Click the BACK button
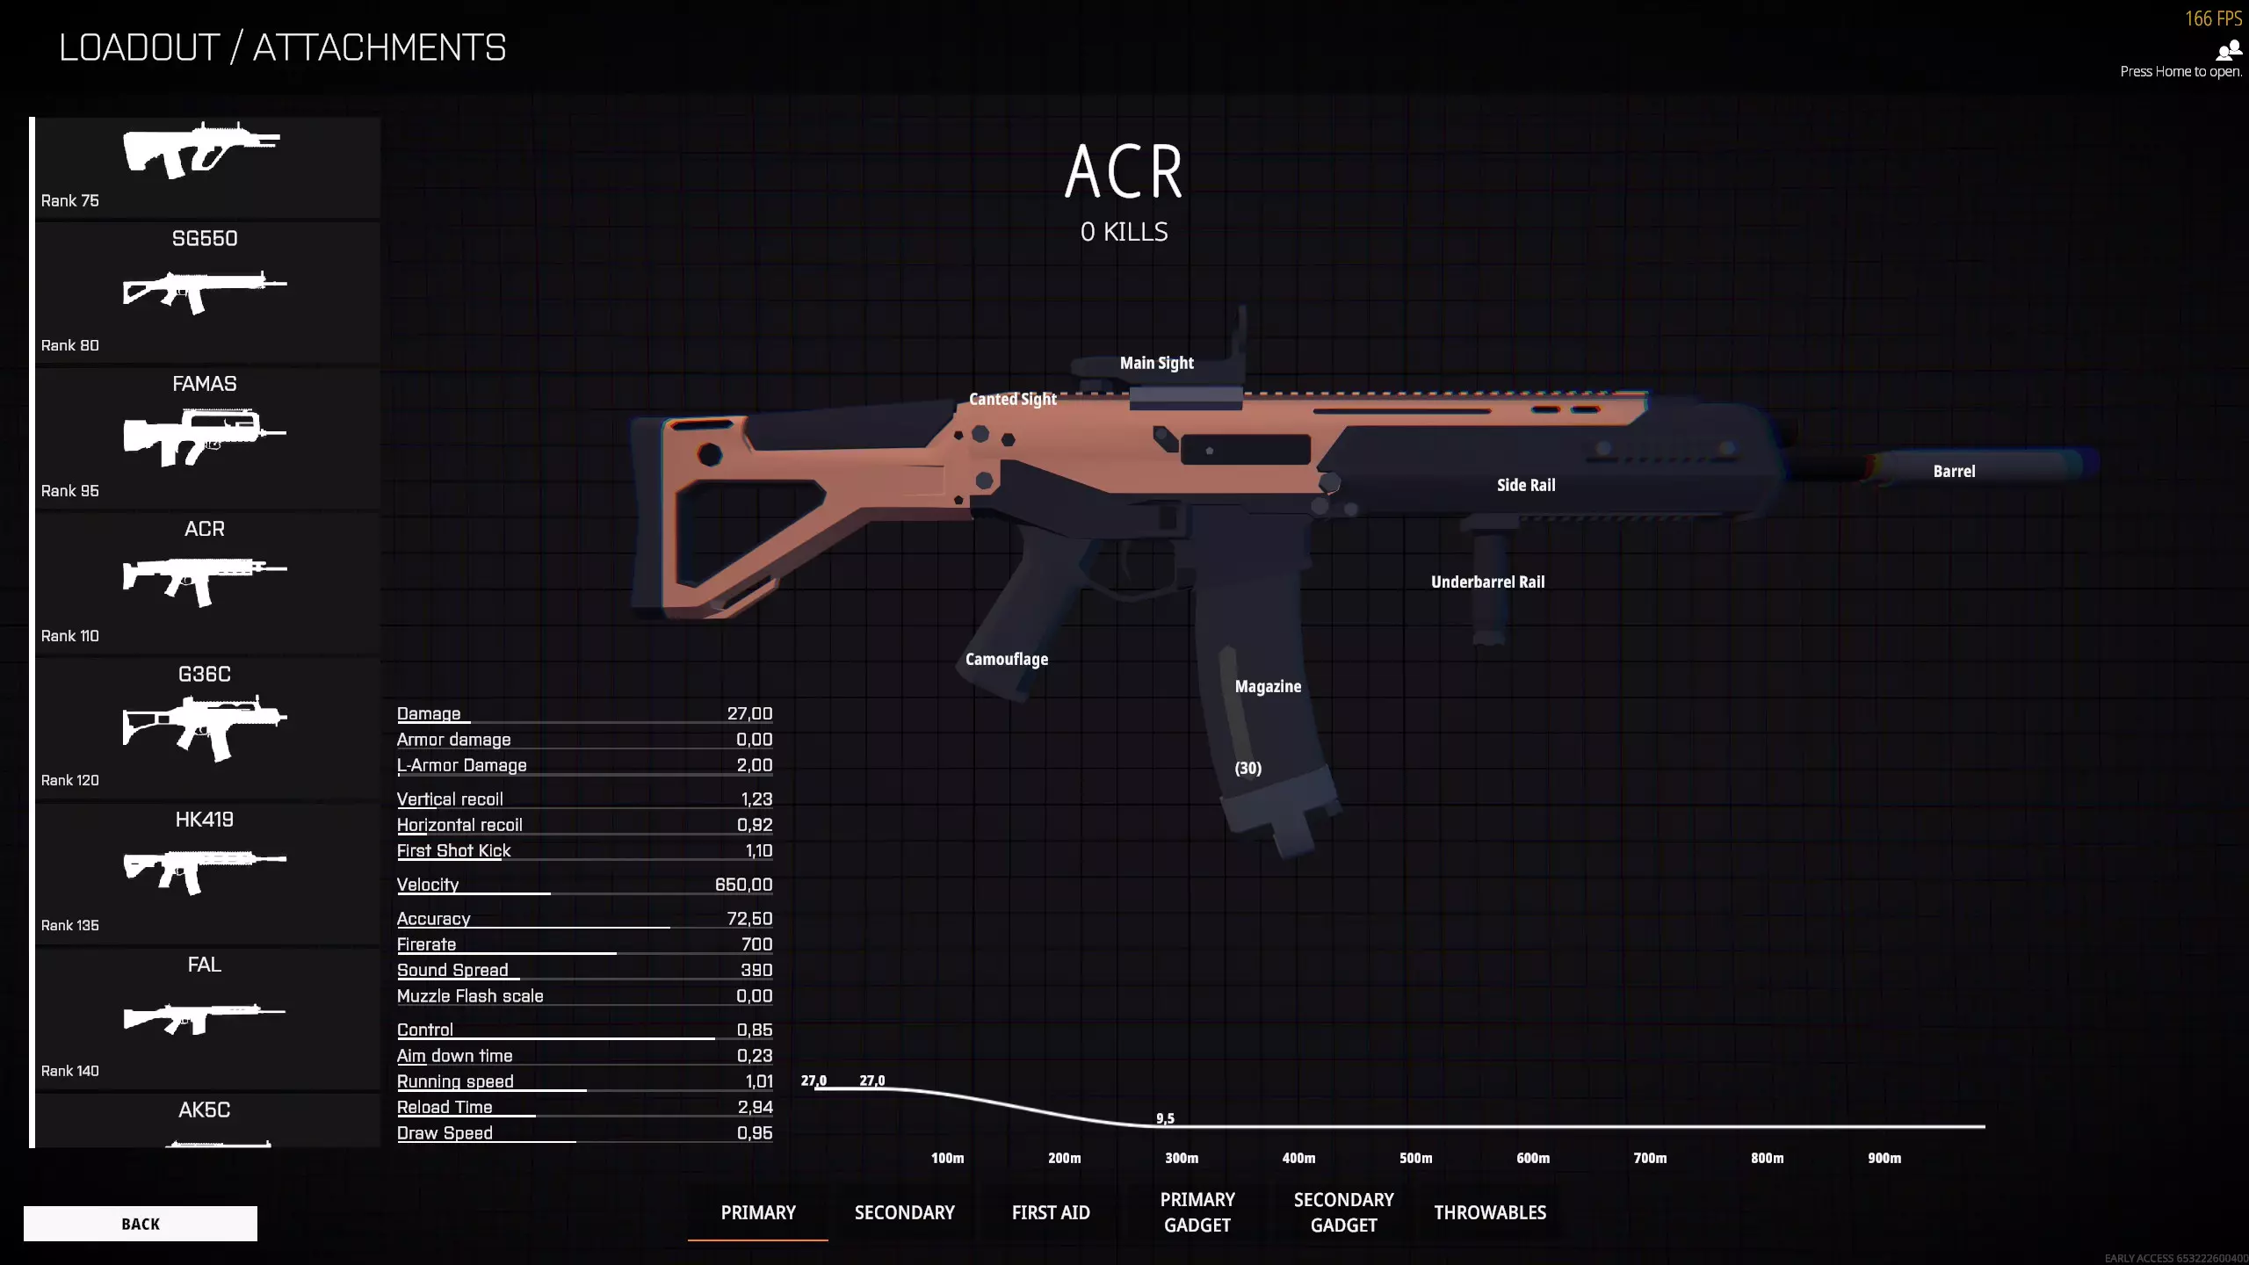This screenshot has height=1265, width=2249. coord(141,1224)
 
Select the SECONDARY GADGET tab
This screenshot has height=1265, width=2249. coord(1343,1212)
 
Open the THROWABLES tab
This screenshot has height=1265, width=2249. coord(1490,1212)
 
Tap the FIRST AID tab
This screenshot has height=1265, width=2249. coord(1051,1212)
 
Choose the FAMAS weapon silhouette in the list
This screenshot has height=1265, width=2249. coord(205,436)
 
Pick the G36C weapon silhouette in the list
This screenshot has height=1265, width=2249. coord(205,726)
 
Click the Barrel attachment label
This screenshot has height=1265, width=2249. coord(1954,472)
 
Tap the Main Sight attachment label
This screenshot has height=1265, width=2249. coord(1156,364)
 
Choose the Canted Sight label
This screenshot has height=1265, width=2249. coord(1012,400)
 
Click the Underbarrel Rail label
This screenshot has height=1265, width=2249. coord(1487,582)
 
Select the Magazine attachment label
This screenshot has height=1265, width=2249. coord(1268,687)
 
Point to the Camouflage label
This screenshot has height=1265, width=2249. coord(1006,660)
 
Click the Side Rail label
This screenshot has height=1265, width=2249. coord(1526,486)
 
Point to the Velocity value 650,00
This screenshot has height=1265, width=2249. coord(743,885)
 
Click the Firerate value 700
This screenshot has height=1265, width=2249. coord(756,944)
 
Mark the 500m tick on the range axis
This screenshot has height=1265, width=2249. coord(1415,1159)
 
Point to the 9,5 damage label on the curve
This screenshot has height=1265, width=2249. coord(1165,1118)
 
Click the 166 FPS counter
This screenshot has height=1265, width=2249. coord(2213,18)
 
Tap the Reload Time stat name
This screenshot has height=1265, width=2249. coord(445,1108)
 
